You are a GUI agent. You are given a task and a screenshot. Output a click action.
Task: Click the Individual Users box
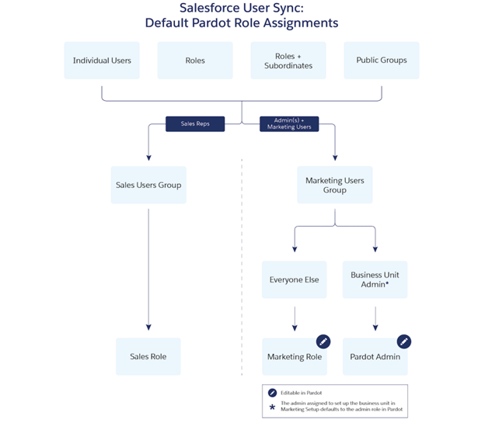coord(102,61)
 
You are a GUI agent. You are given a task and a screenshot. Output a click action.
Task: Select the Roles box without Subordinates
coord(195,61)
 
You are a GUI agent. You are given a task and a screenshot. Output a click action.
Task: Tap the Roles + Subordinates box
coord(288,61)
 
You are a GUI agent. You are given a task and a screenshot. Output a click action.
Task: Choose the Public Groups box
coord(381,61)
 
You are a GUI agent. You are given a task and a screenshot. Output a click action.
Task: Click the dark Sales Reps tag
coord(195,123)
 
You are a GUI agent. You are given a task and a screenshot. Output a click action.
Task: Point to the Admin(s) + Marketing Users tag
coord(288,123)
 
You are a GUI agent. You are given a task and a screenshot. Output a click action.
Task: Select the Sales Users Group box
coord(148,185)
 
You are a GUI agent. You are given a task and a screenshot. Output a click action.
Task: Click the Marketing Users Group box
coord(334,185)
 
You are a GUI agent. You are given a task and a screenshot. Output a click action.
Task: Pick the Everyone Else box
coord(294,279)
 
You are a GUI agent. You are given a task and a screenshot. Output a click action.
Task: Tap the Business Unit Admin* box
coord(375,279)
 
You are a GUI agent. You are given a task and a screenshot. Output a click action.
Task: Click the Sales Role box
coord(148,357)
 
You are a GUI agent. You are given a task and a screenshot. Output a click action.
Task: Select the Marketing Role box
coord(295,357)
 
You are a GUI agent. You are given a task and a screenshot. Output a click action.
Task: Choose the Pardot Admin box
coord(375,357)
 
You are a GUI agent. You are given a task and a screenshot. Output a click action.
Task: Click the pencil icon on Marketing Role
coord(323,341)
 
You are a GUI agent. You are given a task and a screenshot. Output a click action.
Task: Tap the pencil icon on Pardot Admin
coord(403,341)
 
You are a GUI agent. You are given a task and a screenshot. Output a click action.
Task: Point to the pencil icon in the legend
coord(272,393)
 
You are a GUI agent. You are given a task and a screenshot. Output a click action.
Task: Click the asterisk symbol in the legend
coord(272,407)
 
